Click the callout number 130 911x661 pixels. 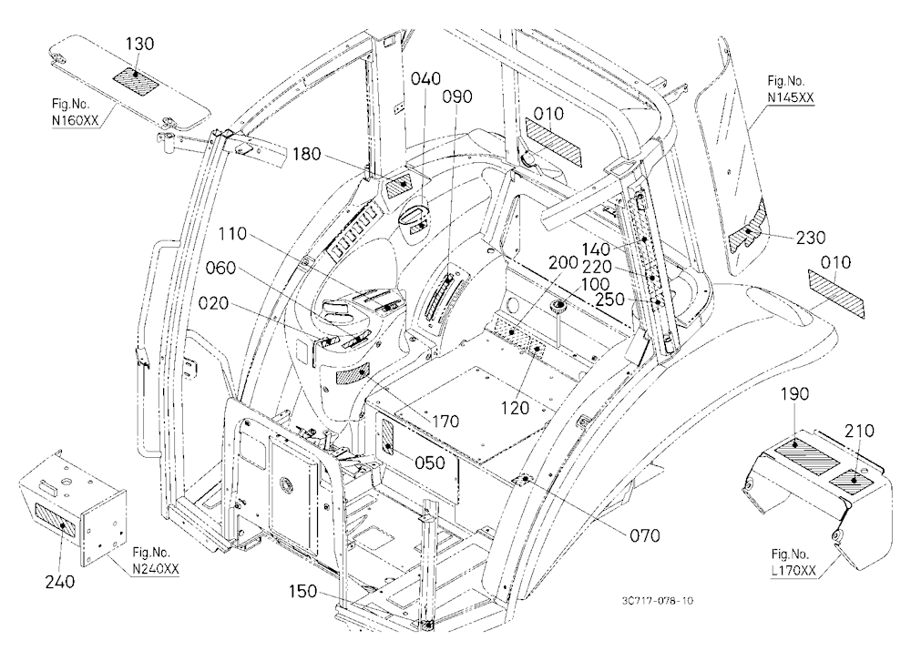(x=140, y=44)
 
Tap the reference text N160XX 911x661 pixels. (x=76, y=121)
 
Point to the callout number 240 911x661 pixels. (x=60, y=581)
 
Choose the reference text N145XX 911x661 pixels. (x=790, y=97)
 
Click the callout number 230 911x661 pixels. (x=811, y=238)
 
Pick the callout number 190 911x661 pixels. (x=794, y=394)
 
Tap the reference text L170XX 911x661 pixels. (x=793, y=571)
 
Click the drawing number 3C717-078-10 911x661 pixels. (x=657, y=601)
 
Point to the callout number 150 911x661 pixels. (x=303, y=591)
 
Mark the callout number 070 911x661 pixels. (x=645, y=535)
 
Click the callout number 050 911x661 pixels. (x=430, y=463)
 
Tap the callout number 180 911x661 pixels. (x=307, y=154)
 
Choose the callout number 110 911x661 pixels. (x=233, y=234)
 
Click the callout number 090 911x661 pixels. (x=458, y=97)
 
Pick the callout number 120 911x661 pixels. (x=516, y=408)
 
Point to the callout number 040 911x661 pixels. (x=425, y=78)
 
